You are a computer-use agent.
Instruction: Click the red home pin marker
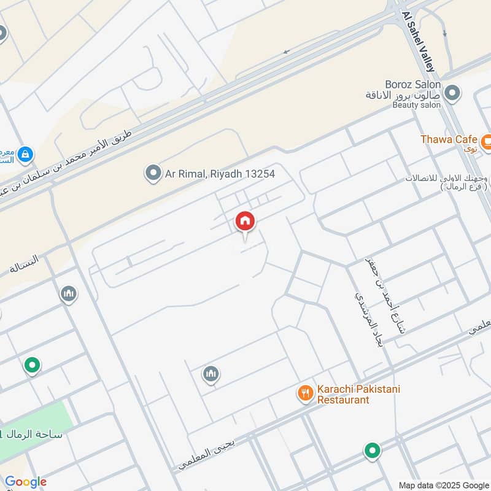(245, 221)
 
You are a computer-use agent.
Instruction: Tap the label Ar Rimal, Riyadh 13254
(220, 174)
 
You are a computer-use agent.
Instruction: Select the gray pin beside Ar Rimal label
(152, 174)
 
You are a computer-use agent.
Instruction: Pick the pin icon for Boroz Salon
(452, 94)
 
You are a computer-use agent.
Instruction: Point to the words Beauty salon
(417, 105)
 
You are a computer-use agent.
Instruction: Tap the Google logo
(26, 482)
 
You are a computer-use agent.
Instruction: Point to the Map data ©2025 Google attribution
(443, 484)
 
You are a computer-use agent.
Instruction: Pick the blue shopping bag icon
(25, 153)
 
